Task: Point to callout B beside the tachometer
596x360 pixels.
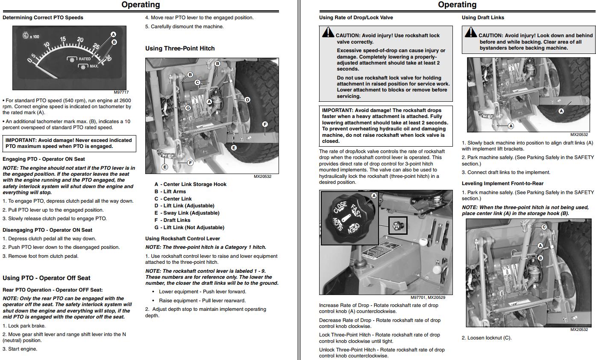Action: tap(114, 42)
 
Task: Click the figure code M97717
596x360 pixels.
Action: tap(121, 92)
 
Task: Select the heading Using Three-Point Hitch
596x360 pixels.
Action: tap(180, 48)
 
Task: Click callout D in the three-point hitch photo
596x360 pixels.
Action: tap(247, 100)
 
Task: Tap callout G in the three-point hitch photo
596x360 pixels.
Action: tap(188, 108)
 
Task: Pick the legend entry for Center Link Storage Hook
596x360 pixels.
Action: tap(190, 184)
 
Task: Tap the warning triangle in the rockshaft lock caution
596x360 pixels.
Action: tap(328, 32)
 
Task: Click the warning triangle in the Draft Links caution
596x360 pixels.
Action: tap(471, 32)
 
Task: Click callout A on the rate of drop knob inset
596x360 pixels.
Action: tap(374, 196)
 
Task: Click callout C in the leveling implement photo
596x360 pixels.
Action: tap(544, 227)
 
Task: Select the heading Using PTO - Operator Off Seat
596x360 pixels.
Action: tap(47, 278)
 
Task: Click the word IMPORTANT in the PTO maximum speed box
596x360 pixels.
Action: tap(21, 140)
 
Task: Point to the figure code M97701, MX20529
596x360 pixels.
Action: tap(431, 298)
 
